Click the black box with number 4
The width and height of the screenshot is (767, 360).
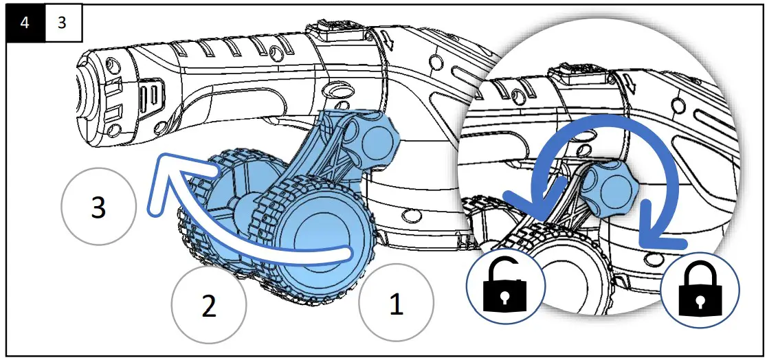pos(25,23)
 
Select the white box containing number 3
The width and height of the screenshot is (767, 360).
pos(63,23)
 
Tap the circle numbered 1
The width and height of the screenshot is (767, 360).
pos(396,304)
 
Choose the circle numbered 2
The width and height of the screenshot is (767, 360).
pos(208,306)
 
